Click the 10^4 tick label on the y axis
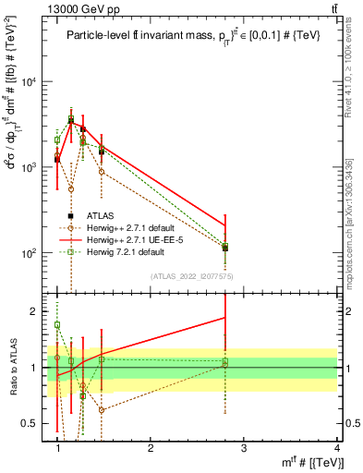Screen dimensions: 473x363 point(29,82)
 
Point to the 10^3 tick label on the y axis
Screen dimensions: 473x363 point(29,167)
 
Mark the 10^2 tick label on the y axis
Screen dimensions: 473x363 point(29,253)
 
